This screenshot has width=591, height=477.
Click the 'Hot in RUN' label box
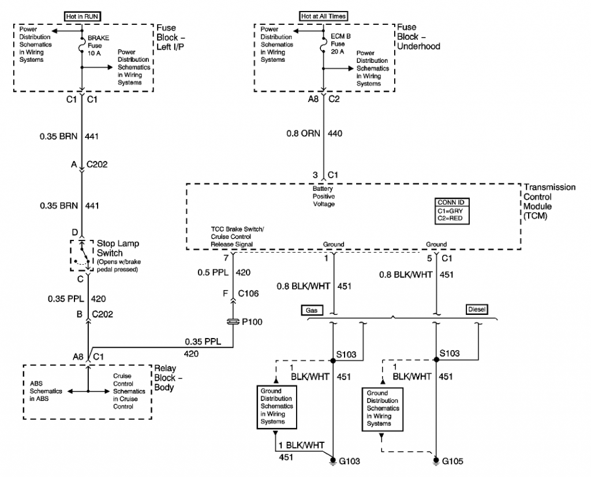tap(82, 17)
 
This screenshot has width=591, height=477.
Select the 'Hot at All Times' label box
tap(323, 16)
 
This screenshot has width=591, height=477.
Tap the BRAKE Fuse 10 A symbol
tap(82, 45)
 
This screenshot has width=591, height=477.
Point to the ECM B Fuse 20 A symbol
tap(323, 44)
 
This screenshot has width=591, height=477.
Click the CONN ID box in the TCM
tap(452, 211)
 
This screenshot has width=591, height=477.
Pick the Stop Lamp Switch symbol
tap(82, 255)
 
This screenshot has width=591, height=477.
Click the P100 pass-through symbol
tap(233, 321)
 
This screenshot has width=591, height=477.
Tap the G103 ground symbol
tap(333, 460)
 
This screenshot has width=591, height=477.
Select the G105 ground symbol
tap(436, 460)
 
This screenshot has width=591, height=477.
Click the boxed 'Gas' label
tap(312, 310)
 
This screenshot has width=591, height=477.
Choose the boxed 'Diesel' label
tap(477, 309)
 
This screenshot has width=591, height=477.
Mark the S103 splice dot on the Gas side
tap(333, 360)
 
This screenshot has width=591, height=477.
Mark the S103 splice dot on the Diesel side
tap(436, 359)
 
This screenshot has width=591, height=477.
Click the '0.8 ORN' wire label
tap(303, 133)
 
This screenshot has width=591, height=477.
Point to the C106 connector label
tap(248, 294)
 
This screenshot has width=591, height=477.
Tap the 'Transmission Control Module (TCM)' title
tap(549, 201)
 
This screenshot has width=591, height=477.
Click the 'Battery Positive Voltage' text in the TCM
tap(323, 196)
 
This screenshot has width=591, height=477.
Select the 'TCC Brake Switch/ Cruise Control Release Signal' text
tap(237, 236)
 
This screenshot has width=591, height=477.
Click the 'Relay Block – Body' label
tap(168, 378)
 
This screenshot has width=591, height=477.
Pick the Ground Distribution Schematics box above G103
tap(276, 407)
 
